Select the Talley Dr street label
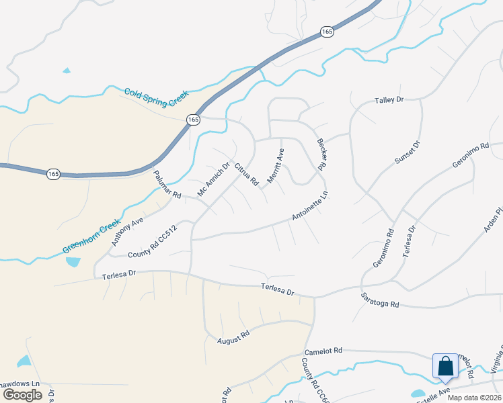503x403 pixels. [389, 100]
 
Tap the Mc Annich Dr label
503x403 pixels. [213, 179]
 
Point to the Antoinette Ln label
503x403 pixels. [309, 207]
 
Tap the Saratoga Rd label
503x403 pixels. [380, 300]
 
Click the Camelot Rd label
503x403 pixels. [323, 351]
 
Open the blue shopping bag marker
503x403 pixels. [445, 367]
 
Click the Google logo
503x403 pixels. [22, 395]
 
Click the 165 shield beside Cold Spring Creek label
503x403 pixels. [193, 119]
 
